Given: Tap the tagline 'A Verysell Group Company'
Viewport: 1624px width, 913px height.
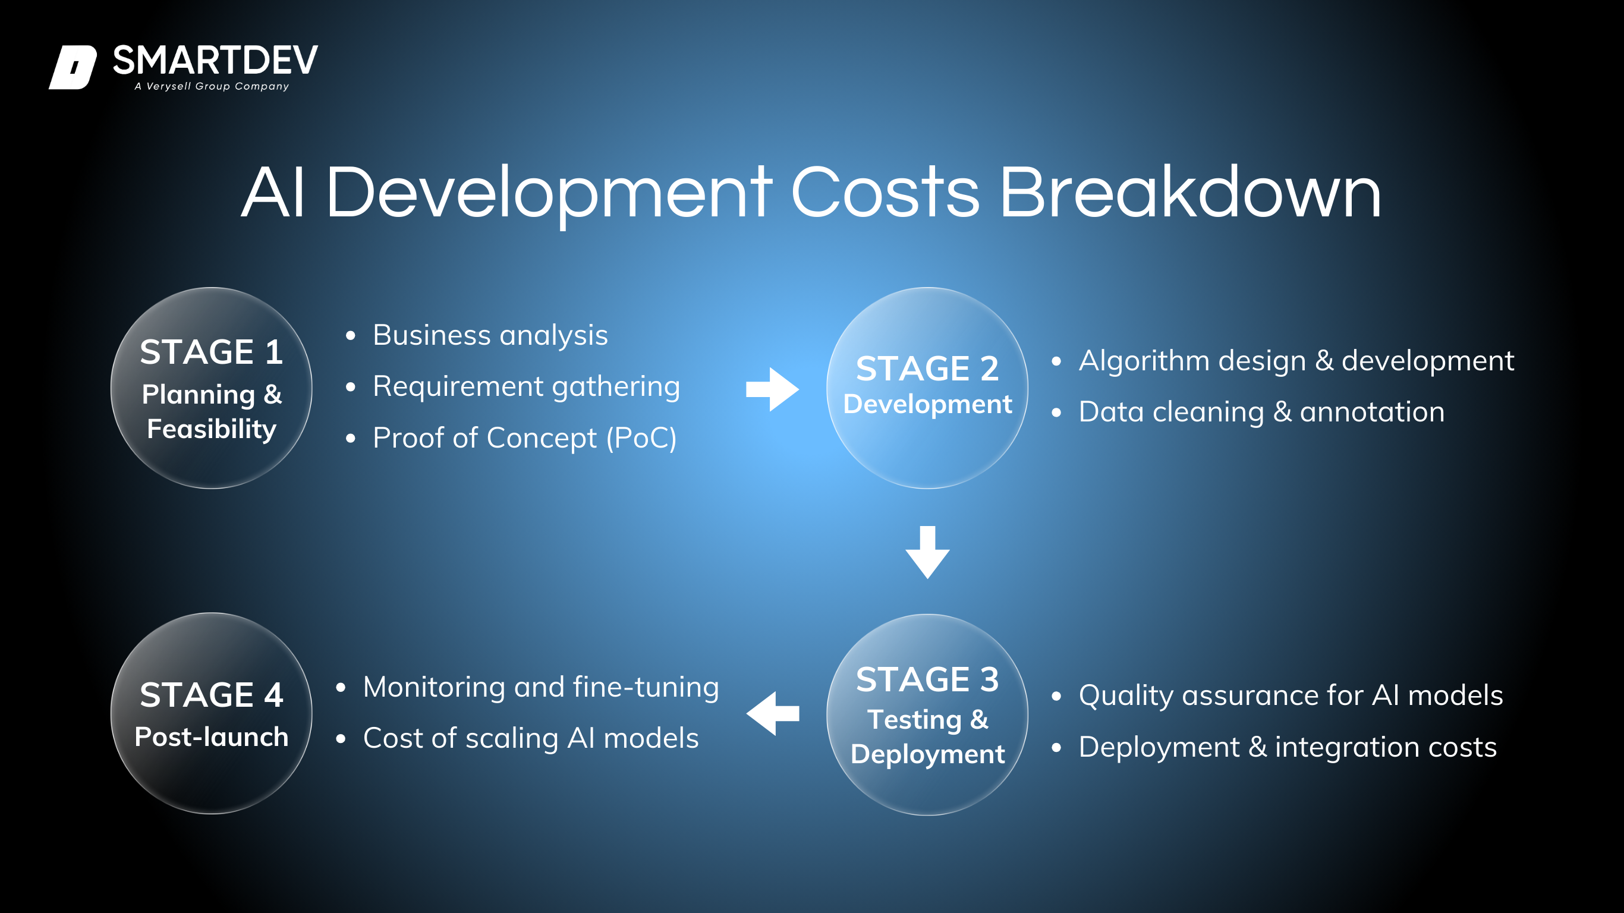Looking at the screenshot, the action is tap(212, 86).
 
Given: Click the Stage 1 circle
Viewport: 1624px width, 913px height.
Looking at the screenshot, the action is tap(211, 388).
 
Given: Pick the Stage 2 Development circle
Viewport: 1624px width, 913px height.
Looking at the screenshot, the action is tap(927, 388).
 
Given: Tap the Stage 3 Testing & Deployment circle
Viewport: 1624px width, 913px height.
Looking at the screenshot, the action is tap(927, 714).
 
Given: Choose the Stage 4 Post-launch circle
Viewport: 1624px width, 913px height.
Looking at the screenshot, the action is tap(211, 713).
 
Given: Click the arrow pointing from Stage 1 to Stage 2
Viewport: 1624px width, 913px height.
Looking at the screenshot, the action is tap(772, 389).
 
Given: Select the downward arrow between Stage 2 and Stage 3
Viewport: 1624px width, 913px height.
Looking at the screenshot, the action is tap(927, 552).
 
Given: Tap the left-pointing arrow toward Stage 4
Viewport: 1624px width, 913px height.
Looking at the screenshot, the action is tap(772, 713).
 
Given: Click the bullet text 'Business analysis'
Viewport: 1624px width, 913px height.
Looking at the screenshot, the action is tap(490, 335).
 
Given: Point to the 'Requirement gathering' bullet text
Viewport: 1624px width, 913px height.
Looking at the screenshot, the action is tap(527, 387).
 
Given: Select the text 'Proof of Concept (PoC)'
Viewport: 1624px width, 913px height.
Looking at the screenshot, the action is tap(524, 438).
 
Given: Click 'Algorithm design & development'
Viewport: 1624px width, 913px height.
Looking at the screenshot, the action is tap(1296, 361).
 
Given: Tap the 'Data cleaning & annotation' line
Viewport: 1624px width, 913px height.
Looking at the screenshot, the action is tap(1261, 413).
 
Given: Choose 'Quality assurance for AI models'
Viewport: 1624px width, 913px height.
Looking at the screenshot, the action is tap(1291, 696).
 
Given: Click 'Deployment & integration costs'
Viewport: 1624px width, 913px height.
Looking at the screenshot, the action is tap(1288, 748).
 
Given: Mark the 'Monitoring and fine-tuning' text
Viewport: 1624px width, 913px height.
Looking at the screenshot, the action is tap(541, 687).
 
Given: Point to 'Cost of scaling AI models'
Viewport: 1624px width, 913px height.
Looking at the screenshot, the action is tap(531, 738).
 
